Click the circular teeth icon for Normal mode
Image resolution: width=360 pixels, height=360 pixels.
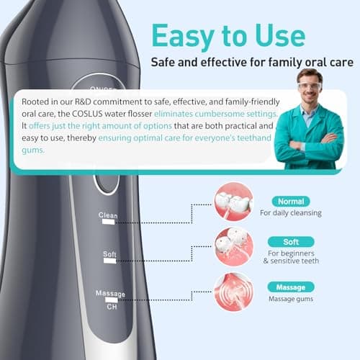pyautogui.click(x=233, y=202)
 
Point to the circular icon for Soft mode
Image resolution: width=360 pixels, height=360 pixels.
pyautogui.click(x=233, y=246)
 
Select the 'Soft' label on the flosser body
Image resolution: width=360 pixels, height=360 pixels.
pyautogui.click(x=109, y=254)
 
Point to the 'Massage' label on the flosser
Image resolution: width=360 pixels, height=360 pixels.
pyautogui.click(x=110, y=294)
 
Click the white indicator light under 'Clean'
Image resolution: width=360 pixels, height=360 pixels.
pyautogui.click(x=109, y=222)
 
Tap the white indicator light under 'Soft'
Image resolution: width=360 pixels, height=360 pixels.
pyautogui.click(x=109, y=262)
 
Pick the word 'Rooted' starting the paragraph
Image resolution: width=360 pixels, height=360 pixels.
pyautogui.click(x=37, y=101)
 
